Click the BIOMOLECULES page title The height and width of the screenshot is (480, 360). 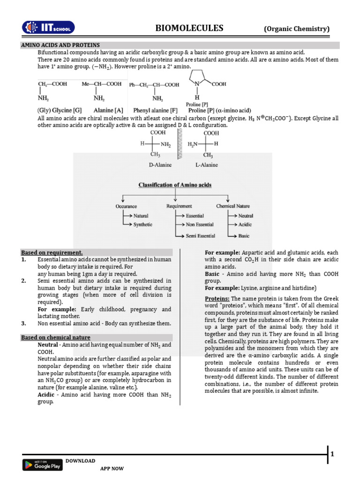click(189, 29)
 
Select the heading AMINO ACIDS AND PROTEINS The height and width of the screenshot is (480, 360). click(60, 45)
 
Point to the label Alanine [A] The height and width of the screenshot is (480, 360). click(109, 110)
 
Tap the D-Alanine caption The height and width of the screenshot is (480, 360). click(160, 165)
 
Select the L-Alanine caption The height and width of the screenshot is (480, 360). click(206, 165)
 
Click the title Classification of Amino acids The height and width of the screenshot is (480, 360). click(175, 185)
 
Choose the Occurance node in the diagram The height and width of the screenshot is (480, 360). click(126, 206)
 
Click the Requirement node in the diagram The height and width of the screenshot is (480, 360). click(179, 206)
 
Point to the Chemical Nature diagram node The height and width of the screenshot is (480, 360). click(233, 206)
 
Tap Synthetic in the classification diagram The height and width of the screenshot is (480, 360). click(143, 225)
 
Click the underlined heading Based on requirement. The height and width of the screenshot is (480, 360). click(52, 252)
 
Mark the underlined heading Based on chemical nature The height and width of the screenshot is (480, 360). click(56, 337)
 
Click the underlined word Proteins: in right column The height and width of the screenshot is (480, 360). click(217, 299)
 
